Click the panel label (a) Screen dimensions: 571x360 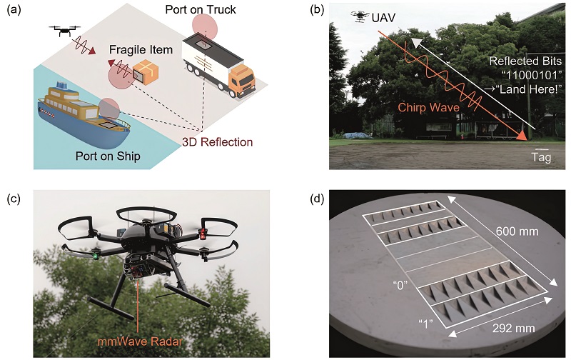point(14,10)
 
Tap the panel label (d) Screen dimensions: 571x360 point(316,199)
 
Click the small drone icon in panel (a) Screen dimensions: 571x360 point(64,31)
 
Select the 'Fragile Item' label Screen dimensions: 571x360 point(141,49)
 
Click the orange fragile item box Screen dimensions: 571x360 point(146,73)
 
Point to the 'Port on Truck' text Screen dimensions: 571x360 point(201,9)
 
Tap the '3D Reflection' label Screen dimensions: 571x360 point(218,142)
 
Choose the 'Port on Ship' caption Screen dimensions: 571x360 point(108,156)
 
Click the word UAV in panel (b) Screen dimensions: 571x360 point(383,17)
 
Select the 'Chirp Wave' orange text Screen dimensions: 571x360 point(429,107)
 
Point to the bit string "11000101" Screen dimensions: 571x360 point(532,75)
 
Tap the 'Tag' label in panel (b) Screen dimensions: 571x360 point(541,157)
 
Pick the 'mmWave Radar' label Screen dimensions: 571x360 point(139,341)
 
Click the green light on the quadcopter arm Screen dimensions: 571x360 point(96,256)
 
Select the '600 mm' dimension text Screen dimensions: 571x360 point(517,231)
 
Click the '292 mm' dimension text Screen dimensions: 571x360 point(514,328)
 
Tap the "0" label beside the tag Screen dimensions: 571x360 point(400,285)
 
